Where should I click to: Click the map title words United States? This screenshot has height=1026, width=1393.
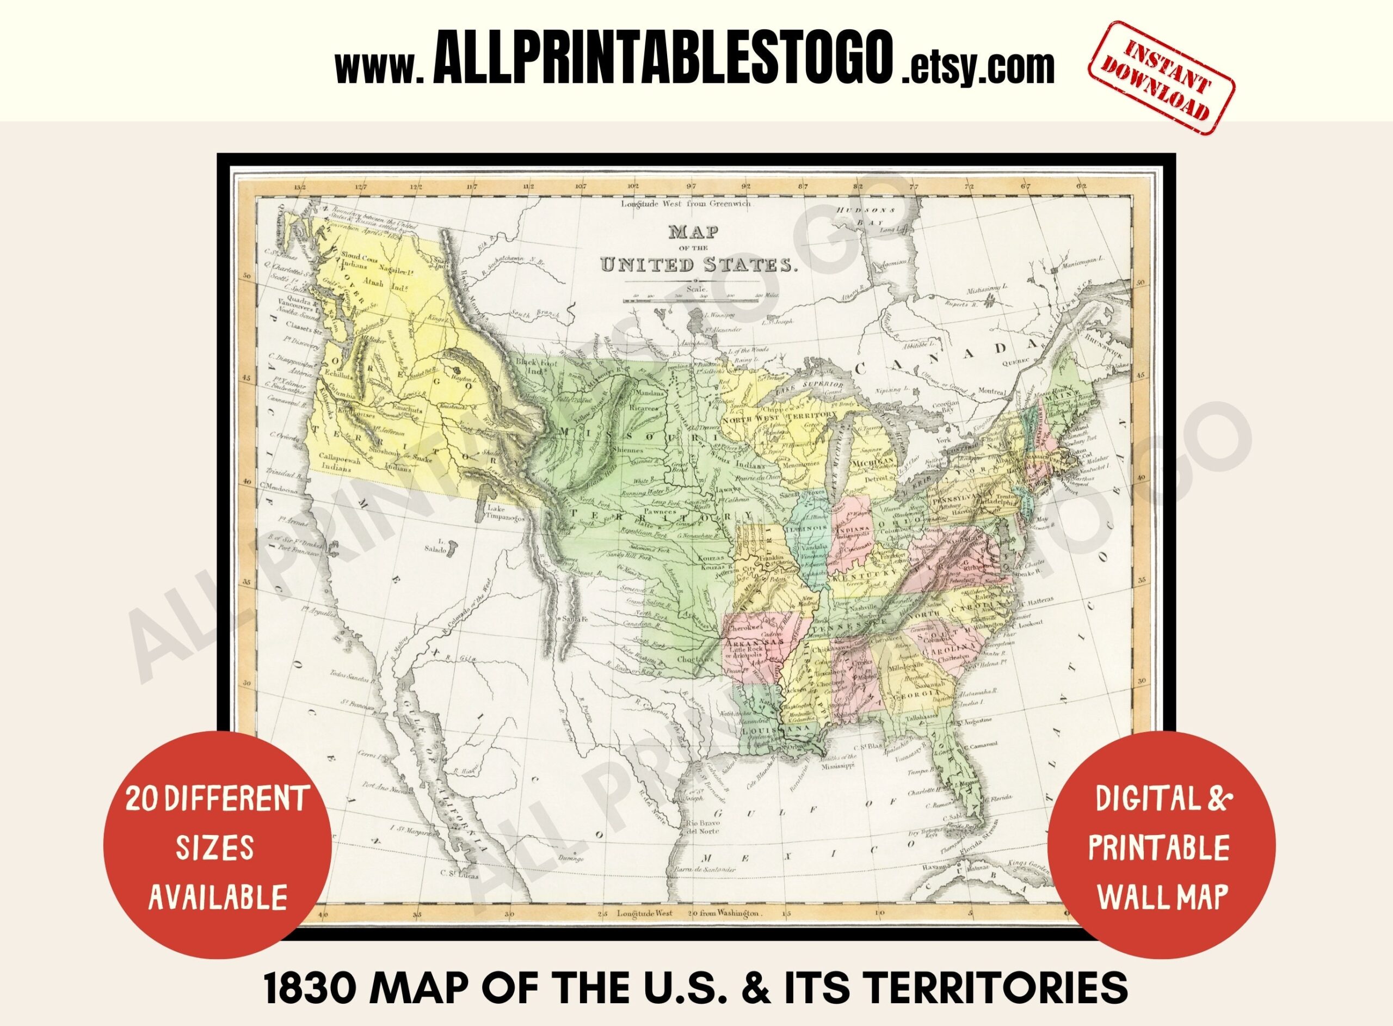698,265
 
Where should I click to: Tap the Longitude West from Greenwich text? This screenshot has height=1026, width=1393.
685,204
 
